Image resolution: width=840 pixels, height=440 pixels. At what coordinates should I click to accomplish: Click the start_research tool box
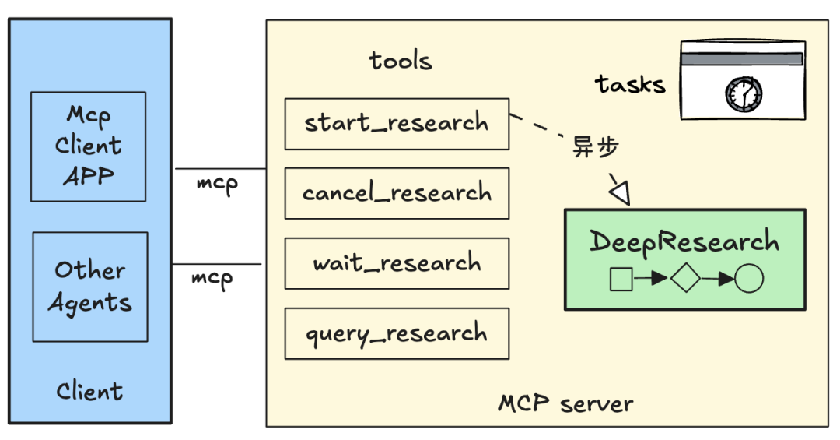pos(397,124)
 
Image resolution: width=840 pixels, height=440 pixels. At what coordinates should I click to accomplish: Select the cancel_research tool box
pos(397,193)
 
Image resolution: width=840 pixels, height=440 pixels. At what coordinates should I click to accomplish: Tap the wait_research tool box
pos(397,263)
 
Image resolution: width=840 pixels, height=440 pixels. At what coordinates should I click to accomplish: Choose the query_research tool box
pos(397,334)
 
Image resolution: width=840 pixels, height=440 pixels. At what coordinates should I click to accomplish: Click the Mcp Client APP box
pos(89,146)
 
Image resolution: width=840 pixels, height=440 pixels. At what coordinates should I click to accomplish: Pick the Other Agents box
pos(90,287)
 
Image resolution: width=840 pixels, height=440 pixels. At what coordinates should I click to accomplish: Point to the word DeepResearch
pos(684,241)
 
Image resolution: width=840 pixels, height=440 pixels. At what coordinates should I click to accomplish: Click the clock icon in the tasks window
pos(743,93)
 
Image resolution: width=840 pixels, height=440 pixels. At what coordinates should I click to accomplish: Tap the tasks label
pos(631,84)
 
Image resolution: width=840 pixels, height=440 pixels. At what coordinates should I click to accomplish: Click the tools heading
pos(401,61)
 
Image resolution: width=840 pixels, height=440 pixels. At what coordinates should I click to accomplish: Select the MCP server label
pos(565,404)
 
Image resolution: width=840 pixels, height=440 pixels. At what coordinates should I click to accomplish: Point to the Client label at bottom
pos(89,391)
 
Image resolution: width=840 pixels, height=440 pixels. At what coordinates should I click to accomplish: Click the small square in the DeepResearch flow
pos(621,279)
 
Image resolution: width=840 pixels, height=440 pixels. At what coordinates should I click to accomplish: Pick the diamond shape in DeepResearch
pos(685,278)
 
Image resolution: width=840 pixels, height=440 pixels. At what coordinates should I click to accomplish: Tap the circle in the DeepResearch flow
pos(748,278)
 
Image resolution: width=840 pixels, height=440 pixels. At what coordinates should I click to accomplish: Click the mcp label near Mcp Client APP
pos(217,185)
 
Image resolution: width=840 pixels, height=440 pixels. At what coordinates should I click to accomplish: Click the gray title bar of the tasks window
pos(742,59)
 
